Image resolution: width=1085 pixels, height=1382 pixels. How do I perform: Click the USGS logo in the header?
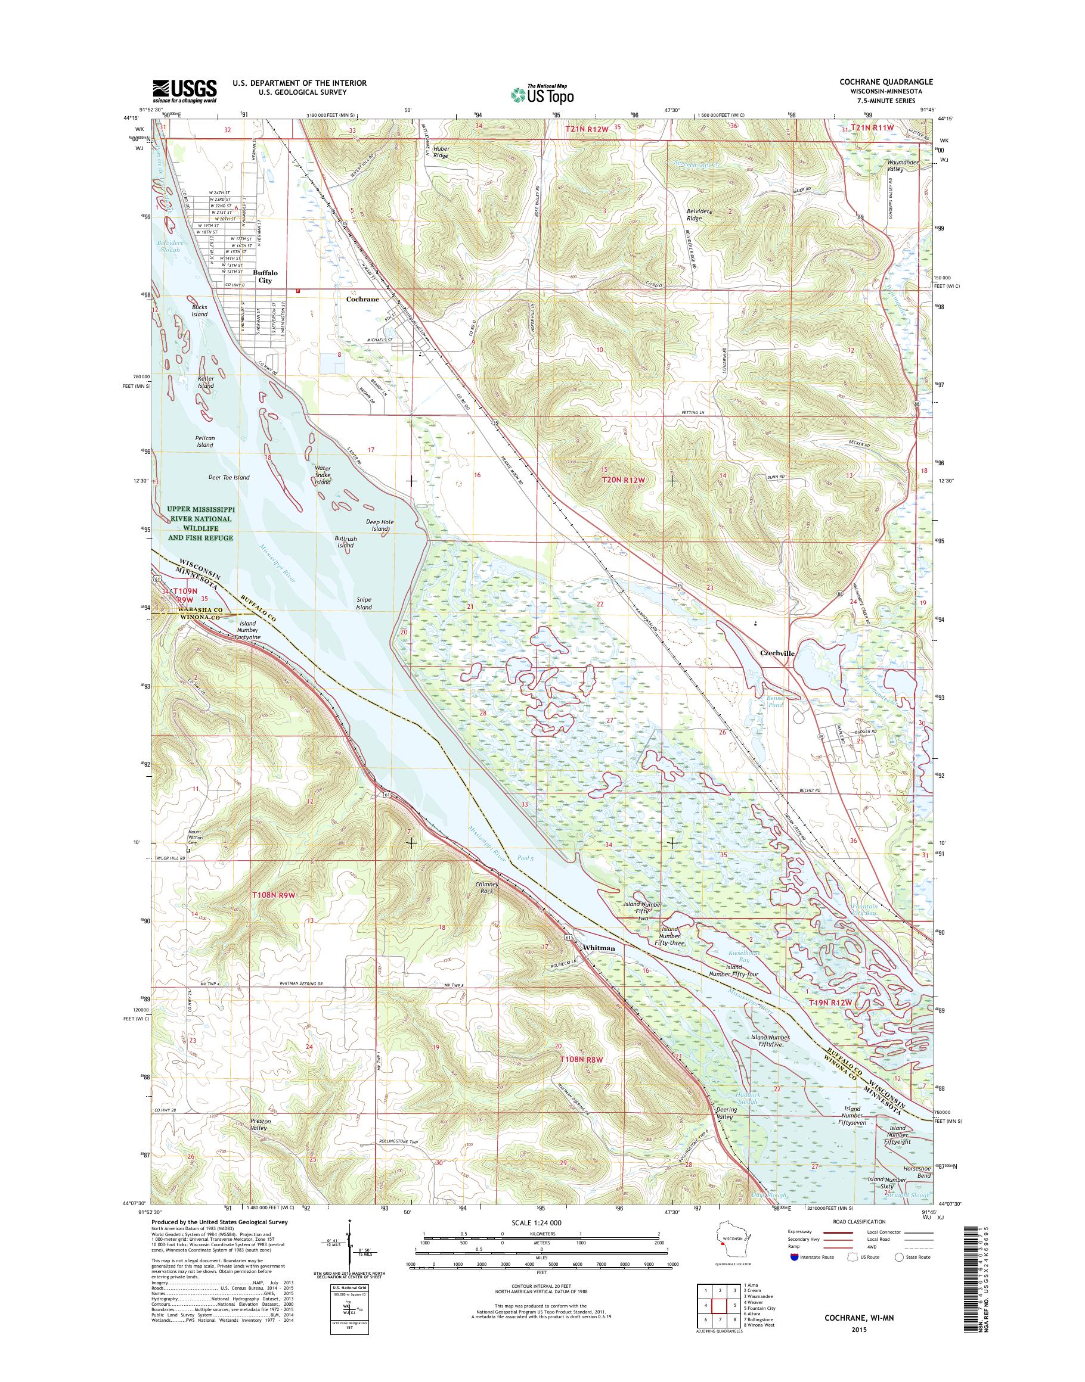(184, 91)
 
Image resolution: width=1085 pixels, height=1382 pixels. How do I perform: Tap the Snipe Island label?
(364, 603)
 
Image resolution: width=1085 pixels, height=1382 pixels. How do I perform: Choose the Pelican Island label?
(205, 441)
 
